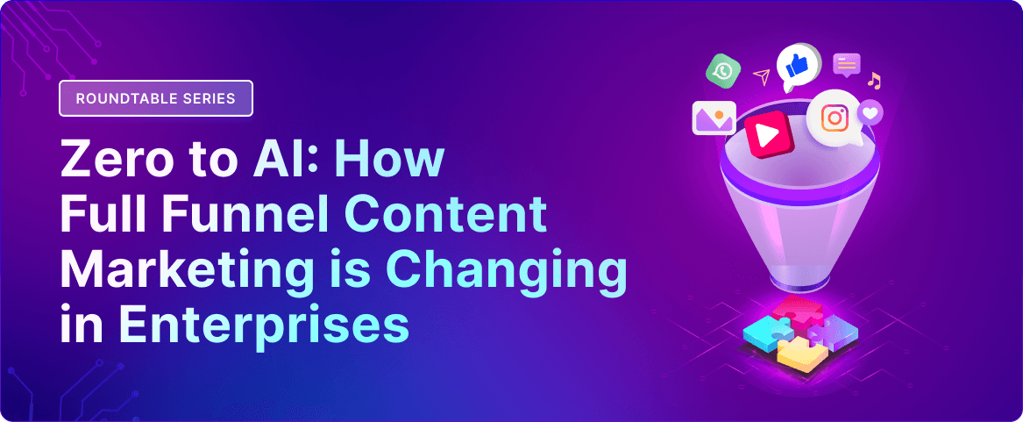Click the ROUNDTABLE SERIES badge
click(x=156, y=98)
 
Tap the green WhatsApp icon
click(x=723, y=70)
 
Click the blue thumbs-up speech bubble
click(x=797, y=66)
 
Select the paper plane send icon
click(x=762, y=76)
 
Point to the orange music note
click(x=874, y=81)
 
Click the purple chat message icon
click(x=847, y=65)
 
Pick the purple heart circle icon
click(x=870, y=113)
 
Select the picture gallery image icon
click(x=714, y=118)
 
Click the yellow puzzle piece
click(x=802, y=355)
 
